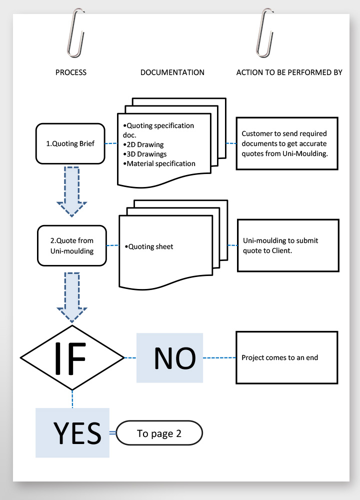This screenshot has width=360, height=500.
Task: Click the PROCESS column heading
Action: tap(70, 72)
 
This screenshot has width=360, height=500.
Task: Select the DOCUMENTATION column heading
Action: tap(172, 72)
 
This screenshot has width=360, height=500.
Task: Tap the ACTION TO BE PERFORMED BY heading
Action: tap(289, 72)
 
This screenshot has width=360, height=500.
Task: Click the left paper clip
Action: tap(75, 32)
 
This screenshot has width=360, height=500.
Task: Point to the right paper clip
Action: tap(263, 32)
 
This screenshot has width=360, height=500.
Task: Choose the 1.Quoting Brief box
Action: tap(70, 144)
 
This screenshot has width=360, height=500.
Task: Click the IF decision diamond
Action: tap(72, 357)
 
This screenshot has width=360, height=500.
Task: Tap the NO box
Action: tap(170, 357)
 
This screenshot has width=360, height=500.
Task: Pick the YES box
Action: tap(72, 432)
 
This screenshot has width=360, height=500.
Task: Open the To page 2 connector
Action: tap(159, 433)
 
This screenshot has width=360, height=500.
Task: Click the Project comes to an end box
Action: tap(287, 357)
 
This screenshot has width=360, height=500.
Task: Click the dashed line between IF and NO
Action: tap(130, 357)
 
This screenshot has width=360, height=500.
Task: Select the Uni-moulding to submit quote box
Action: tap(287, 245)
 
